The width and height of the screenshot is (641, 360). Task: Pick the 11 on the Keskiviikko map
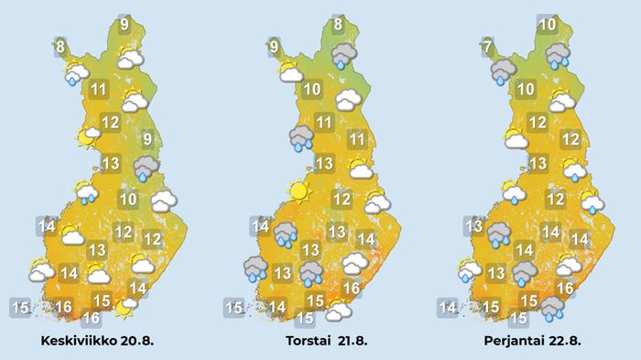(98, 90)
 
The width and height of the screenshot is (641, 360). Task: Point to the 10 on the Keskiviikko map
(128, 200)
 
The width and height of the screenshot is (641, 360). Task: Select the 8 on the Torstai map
(338, 26)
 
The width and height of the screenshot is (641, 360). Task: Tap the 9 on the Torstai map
(274, 45)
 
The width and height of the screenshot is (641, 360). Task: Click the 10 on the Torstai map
(311, 90)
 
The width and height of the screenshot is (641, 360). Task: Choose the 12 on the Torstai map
(342, 200)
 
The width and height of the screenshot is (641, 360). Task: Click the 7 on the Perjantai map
(488, 46)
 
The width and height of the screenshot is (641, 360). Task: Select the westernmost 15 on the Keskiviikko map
(21, 307)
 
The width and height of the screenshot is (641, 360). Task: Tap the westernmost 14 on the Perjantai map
(449, 307)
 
